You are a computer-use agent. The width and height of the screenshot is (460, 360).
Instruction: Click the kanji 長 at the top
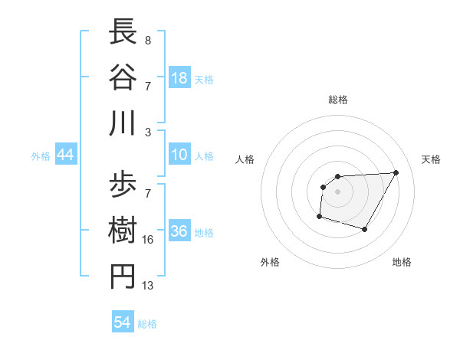tap(123, 33)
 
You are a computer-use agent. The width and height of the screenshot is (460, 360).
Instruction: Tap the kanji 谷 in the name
tap(123, 77)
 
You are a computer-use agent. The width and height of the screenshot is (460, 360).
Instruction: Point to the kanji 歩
tap(123, 185)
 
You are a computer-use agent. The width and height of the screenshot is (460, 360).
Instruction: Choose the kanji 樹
tap(123, 230)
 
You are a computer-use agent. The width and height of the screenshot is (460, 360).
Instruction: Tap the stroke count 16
tap(148, 240)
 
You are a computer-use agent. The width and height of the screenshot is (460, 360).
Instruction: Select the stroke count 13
tap(148, 286)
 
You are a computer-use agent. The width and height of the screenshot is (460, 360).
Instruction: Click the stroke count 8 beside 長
tap(147, 40)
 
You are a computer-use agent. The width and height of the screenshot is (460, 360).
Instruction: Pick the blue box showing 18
tap(179, 77)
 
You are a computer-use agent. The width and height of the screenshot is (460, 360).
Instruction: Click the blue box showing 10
tap(179, 155)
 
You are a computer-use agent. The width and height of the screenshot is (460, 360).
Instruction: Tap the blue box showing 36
tap(179, 232)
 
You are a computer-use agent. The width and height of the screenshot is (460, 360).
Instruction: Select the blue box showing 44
tap(65, 155)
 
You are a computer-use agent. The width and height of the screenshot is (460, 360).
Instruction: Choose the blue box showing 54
tap(123, 322)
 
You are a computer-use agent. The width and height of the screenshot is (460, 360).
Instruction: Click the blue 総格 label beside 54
tap(147, 324)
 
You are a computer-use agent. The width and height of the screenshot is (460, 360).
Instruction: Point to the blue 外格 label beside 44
tap(41, 156)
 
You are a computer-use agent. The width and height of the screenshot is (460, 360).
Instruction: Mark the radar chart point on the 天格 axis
tap(396, 172)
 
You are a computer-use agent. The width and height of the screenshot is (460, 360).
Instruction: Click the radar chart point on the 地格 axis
tap(365, 229)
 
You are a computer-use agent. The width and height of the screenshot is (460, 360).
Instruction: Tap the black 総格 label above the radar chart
tap(337, 100)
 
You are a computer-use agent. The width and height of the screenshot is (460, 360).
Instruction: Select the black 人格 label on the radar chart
tap(246, 159)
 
